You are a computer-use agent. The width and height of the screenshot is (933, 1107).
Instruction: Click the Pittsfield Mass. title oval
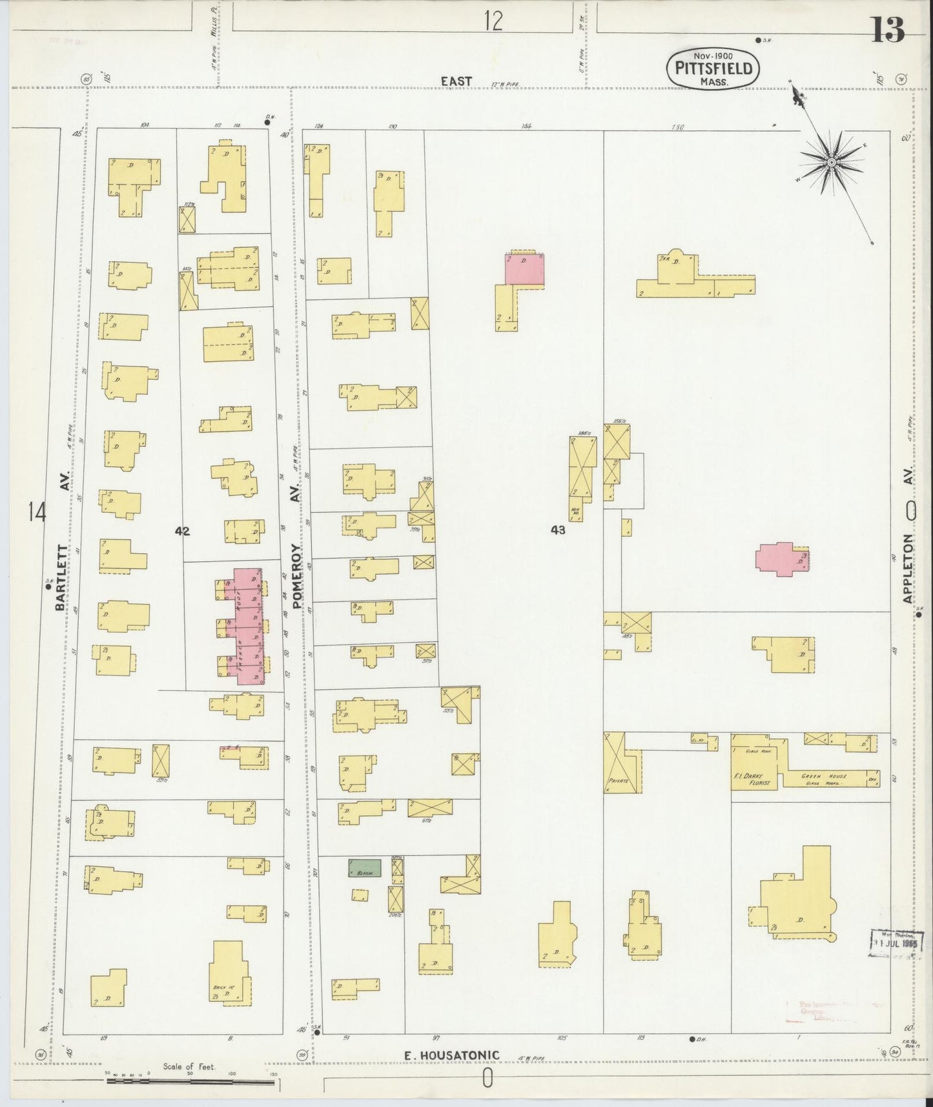[x=713, y=67]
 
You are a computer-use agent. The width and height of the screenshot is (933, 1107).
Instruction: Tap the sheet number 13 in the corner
[x=888, y=29]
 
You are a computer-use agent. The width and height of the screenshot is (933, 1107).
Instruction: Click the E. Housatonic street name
[x=451, y=1056]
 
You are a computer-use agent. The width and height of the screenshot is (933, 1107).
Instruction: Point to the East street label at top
[x=456, y=81]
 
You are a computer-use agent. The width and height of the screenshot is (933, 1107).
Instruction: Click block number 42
[x=182, y=531]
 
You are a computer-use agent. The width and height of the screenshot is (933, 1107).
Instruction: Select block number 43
[x=558, y=530]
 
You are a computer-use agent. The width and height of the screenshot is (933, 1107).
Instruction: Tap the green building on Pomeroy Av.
[x=365, y=868]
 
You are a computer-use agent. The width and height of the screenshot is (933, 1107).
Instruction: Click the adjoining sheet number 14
[x=37, y=513]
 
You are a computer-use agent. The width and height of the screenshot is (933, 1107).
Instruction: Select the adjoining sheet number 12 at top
[x=493, y=22]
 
